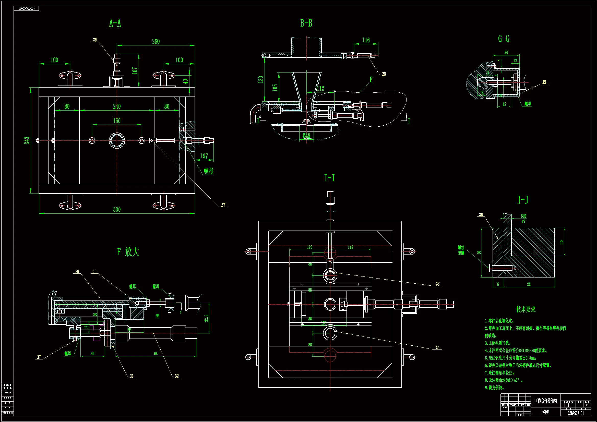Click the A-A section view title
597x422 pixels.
tap(115, 23)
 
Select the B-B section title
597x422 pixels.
tap(306, 23)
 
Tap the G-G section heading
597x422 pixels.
tap(504, 39)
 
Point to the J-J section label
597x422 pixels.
tap(523, 200)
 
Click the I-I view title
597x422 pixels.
tap(329, 178)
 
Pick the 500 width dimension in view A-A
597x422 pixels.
tap(117, 210)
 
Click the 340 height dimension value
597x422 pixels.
tap(27, 141)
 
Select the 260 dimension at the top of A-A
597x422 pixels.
tap(156, 42)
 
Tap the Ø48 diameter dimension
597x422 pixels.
tap(306, 136)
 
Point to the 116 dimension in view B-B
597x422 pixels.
tap(366, 40)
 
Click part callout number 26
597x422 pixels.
tap(95, 40)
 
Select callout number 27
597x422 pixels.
tap(223, 205)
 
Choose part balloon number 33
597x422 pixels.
tap(438, 284)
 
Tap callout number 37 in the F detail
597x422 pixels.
tap(39, 357)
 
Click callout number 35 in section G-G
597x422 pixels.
tap(544, 82)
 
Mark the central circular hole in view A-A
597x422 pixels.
tap(117, 140)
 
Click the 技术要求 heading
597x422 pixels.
tap(526, 309)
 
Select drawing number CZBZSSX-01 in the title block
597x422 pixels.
tap(576, 413)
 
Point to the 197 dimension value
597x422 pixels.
tap(204, 156)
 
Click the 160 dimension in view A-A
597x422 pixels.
tap(117, 121)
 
